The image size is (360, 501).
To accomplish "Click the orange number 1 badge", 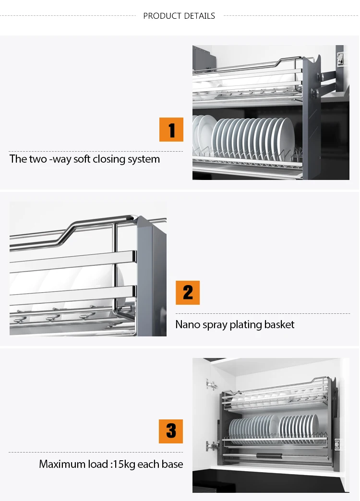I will coord(171,130).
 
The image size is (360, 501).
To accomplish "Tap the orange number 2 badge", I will coord(188,293).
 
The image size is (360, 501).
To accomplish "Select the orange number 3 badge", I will coord(171,431).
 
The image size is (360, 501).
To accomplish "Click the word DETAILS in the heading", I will coord(199,16).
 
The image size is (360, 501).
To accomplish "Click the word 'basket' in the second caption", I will coord(279,324).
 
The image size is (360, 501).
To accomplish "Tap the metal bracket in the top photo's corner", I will coord(340,59).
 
